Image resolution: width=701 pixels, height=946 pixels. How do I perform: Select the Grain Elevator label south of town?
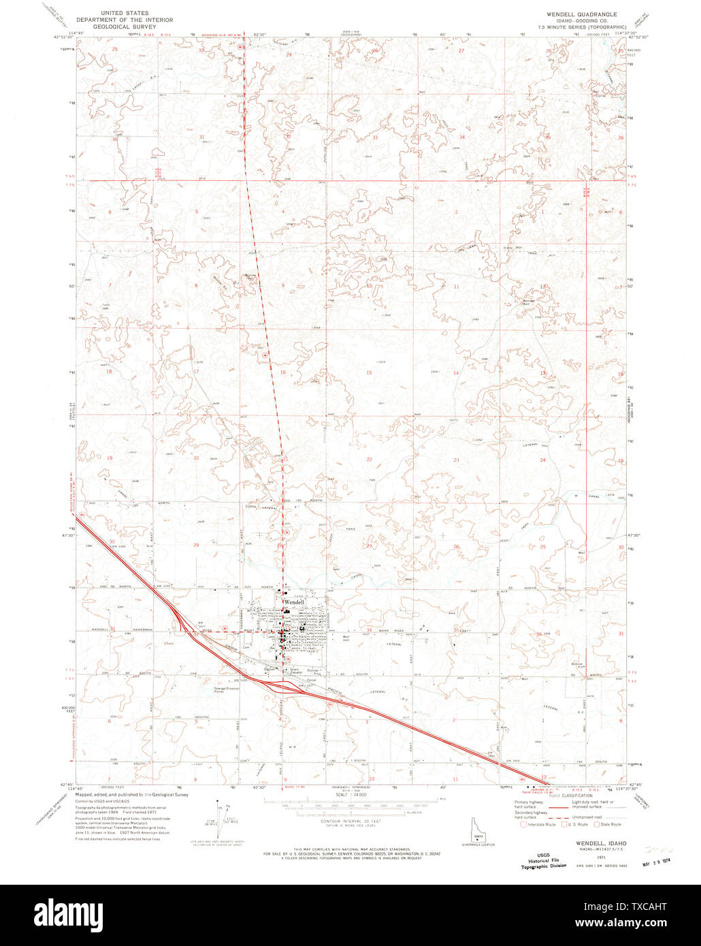295,670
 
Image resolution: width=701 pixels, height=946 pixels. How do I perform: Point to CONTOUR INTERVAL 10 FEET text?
350,821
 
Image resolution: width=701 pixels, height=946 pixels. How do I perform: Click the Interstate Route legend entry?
537,824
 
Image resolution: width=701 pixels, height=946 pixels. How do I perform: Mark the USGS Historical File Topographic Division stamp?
544,861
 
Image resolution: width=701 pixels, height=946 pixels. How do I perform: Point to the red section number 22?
370,460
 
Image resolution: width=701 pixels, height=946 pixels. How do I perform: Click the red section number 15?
370,372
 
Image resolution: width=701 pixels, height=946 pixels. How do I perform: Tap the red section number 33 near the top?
374,137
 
